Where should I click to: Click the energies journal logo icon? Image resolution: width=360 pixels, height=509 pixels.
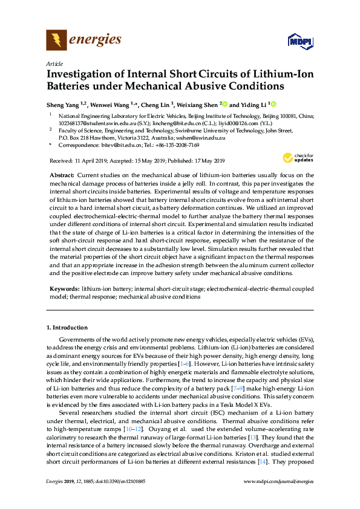coord(56,41)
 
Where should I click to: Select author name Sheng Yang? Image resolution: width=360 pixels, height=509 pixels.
coord(63,104)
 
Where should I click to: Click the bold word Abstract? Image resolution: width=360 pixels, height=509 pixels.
coord(62,175)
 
